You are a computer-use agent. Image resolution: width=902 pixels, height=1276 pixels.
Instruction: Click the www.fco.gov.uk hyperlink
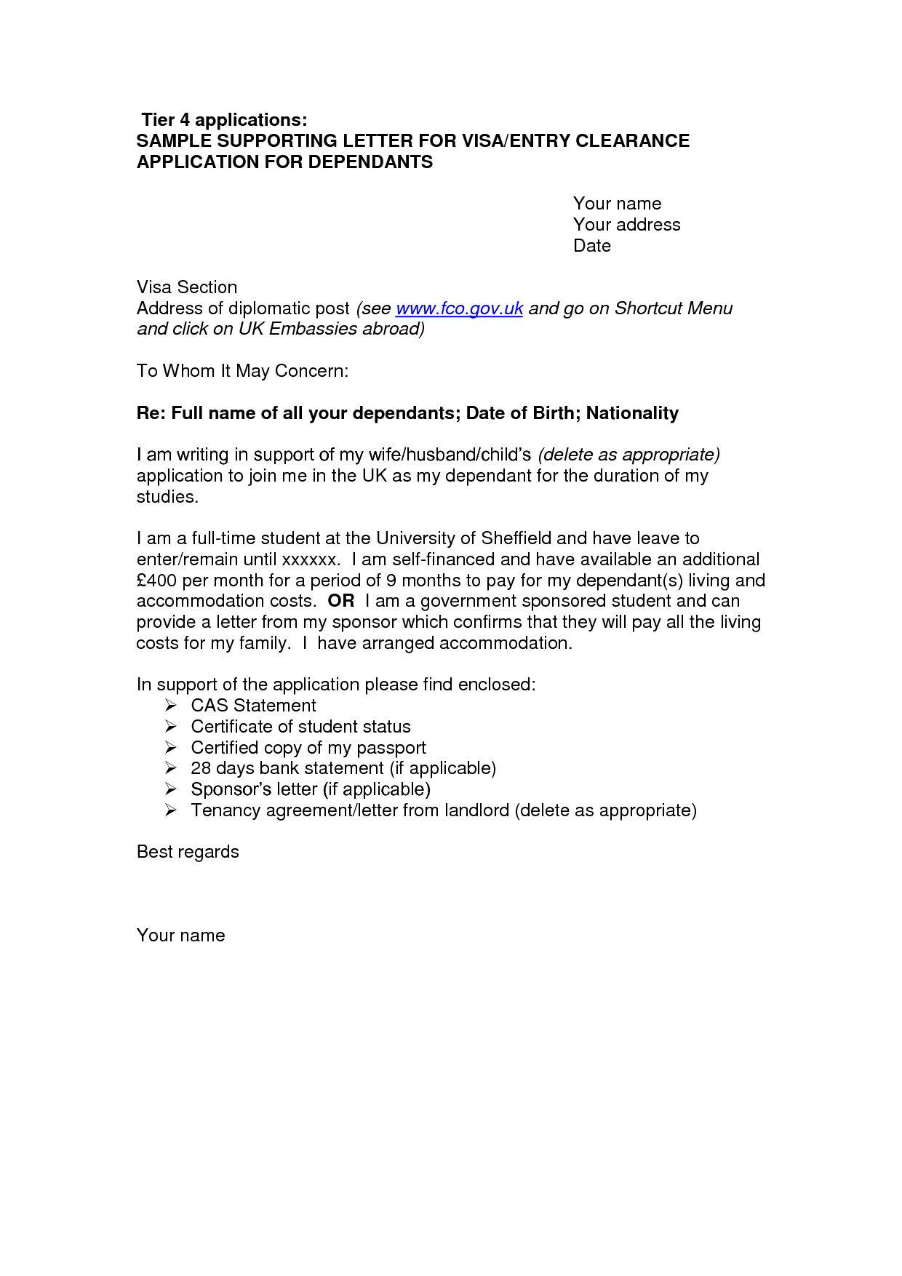pyautogui.click(x=459, y=308)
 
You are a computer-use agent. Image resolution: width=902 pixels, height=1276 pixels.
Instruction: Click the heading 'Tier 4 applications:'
pyautogui.click(x=224, y=120)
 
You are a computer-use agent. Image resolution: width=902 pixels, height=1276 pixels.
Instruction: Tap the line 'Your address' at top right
pyautogui.click(x=626, y=225)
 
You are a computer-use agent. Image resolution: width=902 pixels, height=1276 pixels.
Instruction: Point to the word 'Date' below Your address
pyautogui.click(x=591, y=246)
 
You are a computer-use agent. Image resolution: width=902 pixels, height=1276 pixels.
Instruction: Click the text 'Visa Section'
pyautogui.click(x=187, y=287)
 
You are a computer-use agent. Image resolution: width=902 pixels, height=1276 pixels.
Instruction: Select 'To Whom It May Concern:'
pyautogui.click(x=242, y=371)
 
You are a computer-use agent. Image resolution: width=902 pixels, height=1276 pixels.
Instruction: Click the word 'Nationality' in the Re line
pyautogui.click(x=632, y=413)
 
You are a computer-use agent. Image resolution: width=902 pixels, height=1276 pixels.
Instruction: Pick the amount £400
pyautogui.click(x=156, y=581)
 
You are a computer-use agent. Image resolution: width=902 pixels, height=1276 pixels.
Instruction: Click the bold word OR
pyautogui.click(x=341, y=601)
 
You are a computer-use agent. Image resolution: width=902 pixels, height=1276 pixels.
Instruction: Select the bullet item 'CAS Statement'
pyautogui.click(x=253, y=706)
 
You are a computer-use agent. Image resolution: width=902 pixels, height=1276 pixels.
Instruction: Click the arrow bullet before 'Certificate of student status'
pyautogui.click(x=170, y=727)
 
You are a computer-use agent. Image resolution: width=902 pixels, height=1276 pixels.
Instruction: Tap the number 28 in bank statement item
pyautogui.click(x=201, y=768)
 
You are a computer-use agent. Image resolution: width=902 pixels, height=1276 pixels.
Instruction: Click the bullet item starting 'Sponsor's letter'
pyautogui.click(x=310, y=789)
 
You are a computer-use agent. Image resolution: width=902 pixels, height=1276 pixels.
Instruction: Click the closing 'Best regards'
pyautogui.click(x=188, y=852)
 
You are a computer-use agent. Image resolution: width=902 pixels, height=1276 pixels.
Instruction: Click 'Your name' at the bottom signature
pyautogui.click(x=180, y=936)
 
